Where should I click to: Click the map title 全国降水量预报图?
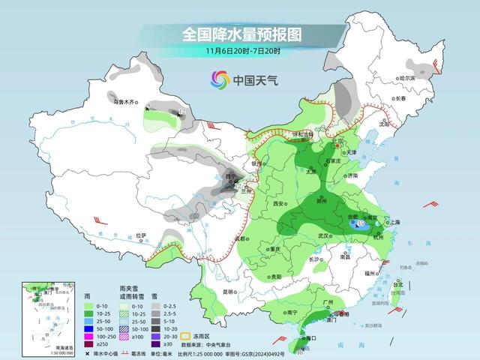[239, 34]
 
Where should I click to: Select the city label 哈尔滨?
[427, 77]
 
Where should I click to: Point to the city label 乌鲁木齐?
[122, 101]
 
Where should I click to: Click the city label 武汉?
[325, 235]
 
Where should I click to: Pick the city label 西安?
[279, 203]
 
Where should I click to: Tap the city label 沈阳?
[406, 125]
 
